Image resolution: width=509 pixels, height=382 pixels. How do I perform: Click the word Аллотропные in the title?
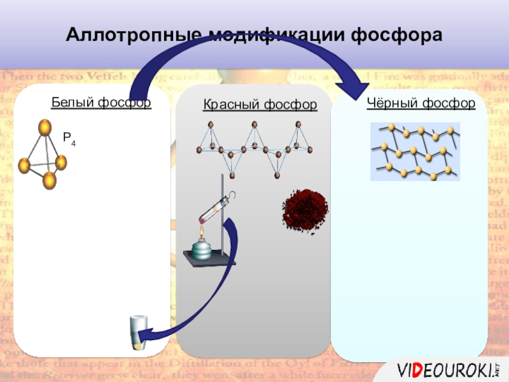[125, 35]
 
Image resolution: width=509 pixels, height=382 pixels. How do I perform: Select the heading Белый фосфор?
[101, 102]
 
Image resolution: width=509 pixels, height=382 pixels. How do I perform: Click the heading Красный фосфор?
[260, 104]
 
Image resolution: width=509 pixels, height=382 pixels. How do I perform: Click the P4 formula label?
[69, 138]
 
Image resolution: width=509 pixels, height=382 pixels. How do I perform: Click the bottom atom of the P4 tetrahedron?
[50, 180]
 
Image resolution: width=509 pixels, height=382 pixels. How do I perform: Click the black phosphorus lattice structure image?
[415, 152]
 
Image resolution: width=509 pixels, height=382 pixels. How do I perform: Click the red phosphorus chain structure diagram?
[254, 148]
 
